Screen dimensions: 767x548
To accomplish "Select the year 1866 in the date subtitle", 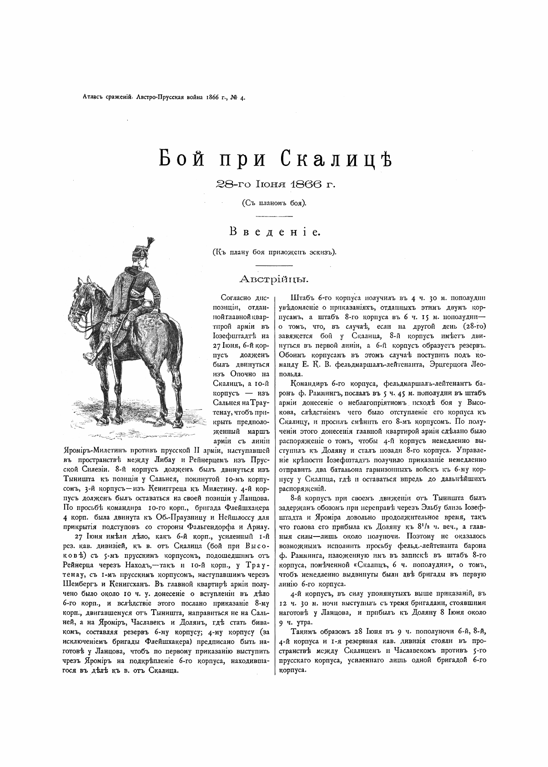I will click(308, 184).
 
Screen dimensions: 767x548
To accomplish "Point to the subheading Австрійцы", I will click(274, 278).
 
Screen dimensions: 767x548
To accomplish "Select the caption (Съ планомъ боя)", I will click(274, 203).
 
